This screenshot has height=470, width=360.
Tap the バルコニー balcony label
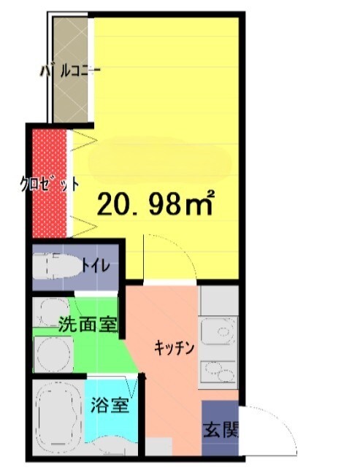pos(70,72)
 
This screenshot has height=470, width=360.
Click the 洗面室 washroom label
pos(88,324)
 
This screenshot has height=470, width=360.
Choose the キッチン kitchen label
pos(174,349)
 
